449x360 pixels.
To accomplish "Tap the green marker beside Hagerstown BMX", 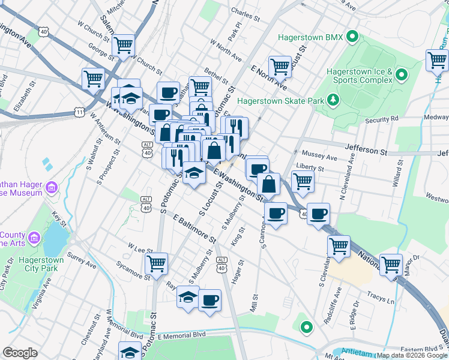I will [353, 38].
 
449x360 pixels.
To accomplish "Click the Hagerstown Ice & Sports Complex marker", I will [401, 76].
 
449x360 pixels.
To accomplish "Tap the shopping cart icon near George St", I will [123, 44].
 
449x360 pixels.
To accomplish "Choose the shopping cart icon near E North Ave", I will [280, 67].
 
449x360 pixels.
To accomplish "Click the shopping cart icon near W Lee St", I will [156, 263].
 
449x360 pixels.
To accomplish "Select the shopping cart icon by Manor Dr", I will [391, 264].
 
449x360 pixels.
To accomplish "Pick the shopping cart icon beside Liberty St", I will [303, 181].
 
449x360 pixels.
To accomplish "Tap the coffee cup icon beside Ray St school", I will [209, 299].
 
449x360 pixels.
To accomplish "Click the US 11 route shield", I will [79, 112].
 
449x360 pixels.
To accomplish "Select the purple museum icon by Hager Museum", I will [52, 188].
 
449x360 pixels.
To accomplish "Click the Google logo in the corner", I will [20, 353].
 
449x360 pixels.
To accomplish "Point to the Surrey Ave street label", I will [82, 260].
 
